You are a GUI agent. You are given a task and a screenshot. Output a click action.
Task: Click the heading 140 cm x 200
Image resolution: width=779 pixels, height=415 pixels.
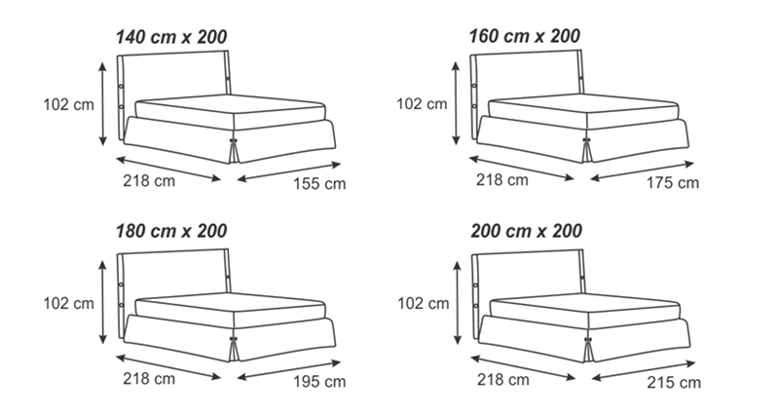click(x=171, y=37)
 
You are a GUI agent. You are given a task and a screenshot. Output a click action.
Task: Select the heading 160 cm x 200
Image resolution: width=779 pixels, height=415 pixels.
click(x=525, y=36)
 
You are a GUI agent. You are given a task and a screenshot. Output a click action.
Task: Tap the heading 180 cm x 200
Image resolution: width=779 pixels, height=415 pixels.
click(x=171, y=231)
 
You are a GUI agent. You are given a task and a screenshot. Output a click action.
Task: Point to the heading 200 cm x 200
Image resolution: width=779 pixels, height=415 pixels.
click(x=526, y=231)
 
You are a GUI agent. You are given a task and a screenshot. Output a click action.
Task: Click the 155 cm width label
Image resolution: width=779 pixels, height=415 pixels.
click(x=319, y=183)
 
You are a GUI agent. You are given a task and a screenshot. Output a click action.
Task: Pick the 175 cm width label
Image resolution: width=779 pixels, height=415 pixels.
click(x=673, y=182)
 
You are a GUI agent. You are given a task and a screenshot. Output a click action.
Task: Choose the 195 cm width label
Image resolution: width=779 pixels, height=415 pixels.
click(x=319, y=381)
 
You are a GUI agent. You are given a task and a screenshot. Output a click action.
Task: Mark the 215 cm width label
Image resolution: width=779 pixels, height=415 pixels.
click(x=674, y=382)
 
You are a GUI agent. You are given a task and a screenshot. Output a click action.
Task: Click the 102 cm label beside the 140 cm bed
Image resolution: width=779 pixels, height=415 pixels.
click(x=68, y=104)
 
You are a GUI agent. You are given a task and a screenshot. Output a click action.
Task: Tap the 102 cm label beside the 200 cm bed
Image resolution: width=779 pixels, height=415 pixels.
click(x=424, y=303)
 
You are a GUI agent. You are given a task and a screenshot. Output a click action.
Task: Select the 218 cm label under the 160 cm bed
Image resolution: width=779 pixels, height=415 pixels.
click(x=502, y=179)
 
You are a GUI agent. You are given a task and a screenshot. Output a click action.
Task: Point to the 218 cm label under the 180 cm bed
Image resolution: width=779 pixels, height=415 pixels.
click(x=149, y=378)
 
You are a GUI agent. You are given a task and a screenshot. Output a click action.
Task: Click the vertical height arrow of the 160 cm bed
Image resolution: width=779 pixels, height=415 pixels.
click(x=456, y=103)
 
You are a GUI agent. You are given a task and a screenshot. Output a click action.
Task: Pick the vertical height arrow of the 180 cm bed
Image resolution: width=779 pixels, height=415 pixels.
click(x=103, y=302)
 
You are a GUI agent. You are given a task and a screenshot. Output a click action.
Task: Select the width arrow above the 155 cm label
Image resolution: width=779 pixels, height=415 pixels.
click(x=289, y=171)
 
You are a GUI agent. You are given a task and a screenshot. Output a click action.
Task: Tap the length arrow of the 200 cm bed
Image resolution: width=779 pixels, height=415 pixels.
click(x=523, y=368)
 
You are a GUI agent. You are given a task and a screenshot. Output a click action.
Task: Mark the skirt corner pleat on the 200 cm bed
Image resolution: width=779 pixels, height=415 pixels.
click(x=588, y=350)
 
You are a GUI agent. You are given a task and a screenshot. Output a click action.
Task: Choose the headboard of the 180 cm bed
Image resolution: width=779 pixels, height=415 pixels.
click(x=174, y=274)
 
